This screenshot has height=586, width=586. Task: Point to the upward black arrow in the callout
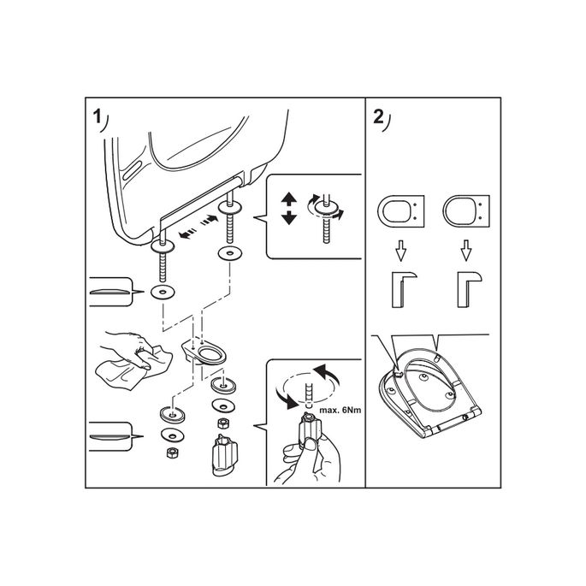click(x=289, y=200)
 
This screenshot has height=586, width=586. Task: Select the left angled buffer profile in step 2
click(x=400, y=287)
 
